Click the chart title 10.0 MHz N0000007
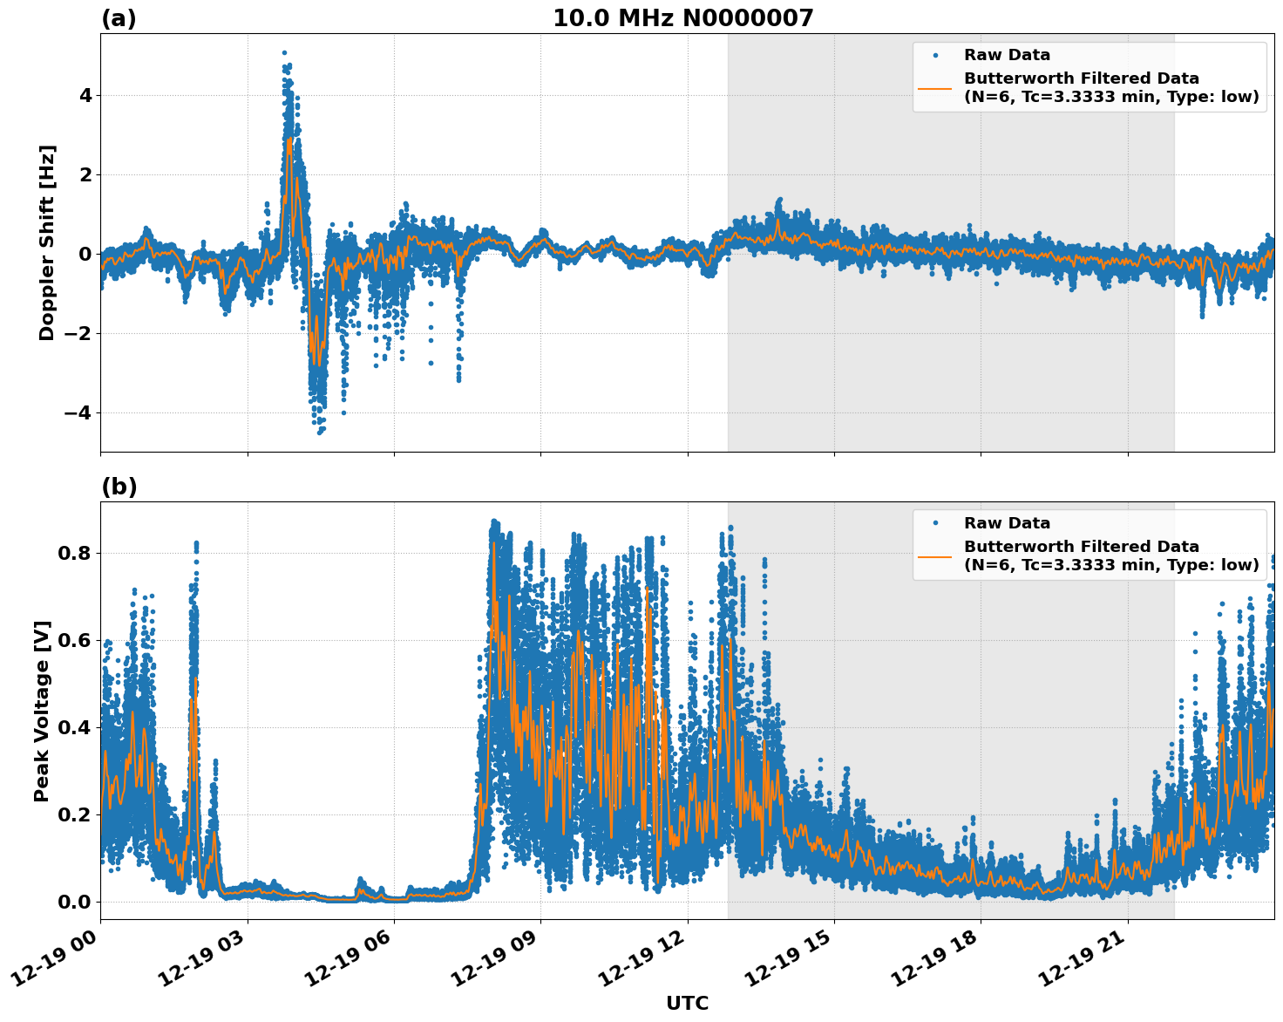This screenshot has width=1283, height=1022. pos(682,18)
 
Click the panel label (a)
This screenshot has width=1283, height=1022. pos(119,18)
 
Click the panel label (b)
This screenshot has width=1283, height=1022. pos(119,487)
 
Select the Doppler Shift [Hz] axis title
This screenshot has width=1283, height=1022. pos(47,242)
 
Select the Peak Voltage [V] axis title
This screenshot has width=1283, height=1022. pos(42,711)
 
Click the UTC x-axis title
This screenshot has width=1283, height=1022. pos(687,1003)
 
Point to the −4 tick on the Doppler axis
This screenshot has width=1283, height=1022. pos(78,412)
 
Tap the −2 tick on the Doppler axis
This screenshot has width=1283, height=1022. pos(78,333)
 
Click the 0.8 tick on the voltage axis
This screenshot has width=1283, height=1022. pos(75,553)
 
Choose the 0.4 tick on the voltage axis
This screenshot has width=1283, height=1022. pos(75,727)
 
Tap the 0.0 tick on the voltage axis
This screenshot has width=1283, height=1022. pos(75,902)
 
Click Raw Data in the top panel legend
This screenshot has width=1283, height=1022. pos(1007,56)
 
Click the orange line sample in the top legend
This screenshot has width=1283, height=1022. pos(934,88)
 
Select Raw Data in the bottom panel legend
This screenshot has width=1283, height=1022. pos(1007,523)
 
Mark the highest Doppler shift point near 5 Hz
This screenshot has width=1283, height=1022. pos(284,53)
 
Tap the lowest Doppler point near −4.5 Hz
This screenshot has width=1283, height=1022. pos(320,432)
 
